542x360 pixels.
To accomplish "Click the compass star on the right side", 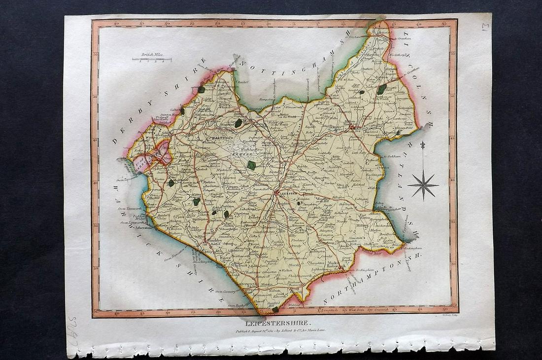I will coord(423,185).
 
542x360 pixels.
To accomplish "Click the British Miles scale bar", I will coord(151,59).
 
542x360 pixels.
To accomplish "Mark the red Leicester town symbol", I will coord(277,193).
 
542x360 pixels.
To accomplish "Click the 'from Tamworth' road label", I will coord(129,208).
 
